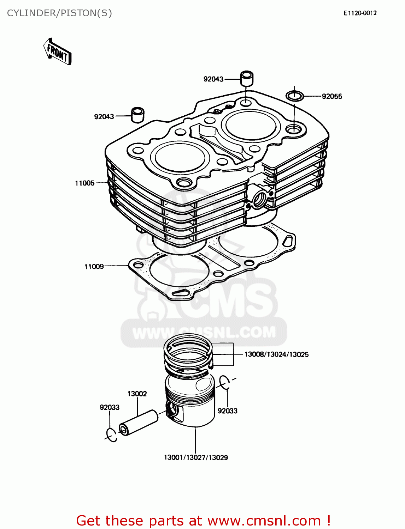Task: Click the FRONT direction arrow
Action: coord(57,52)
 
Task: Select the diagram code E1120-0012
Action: coord(360,13)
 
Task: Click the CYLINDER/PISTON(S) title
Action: coord(59,13)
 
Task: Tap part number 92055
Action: coord(332,97)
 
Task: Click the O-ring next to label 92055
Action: coord(294,95)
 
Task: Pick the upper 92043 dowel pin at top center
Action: coord(247,78)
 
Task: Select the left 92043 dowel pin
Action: coord(138,115)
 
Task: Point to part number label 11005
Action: coord(85,183)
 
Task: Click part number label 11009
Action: coord(94,267)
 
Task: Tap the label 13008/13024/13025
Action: coord(276,354)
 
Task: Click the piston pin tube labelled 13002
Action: coord(138,422)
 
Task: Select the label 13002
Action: coord(137,394)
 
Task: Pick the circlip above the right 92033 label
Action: coord(225,383)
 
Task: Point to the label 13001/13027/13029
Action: coord(196,457)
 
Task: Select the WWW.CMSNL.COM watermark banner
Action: coord(204,332)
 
